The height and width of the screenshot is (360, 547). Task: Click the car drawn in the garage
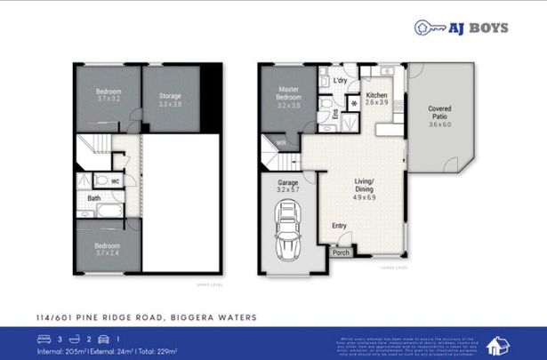(x=289, y=230)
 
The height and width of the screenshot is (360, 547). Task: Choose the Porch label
(x=341, y=252)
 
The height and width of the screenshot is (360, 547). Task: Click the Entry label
(x=339, y=226)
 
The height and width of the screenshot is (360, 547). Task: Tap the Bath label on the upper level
(x=94, y=199)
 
